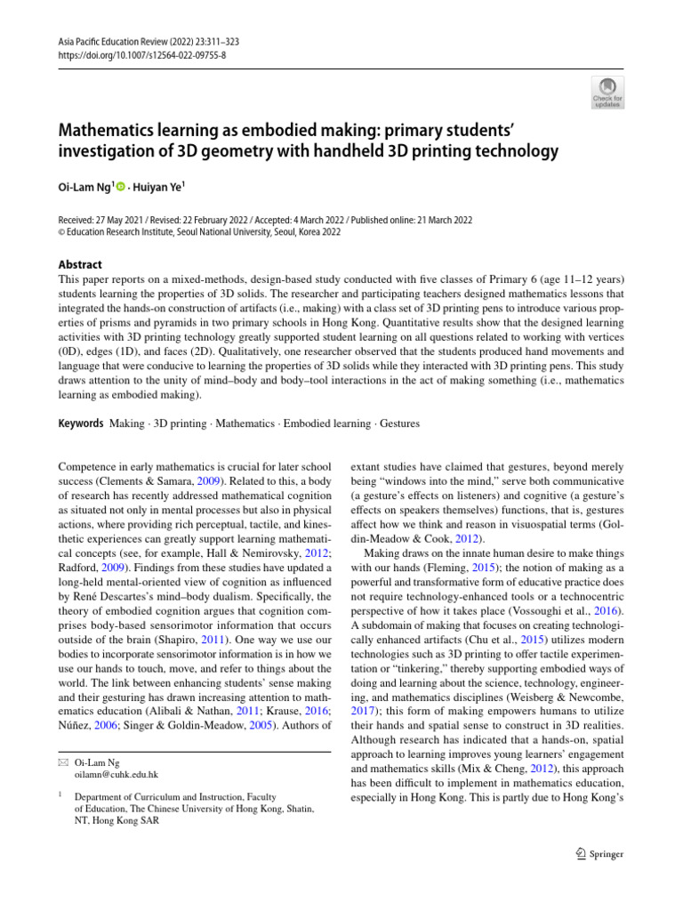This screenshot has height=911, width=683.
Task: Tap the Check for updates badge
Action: (x=607, y=93)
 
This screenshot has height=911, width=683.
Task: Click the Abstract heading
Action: (x=80, y=264)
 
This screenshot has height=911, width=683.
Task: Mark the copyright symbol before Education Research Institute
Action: (x=61, y=233)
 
